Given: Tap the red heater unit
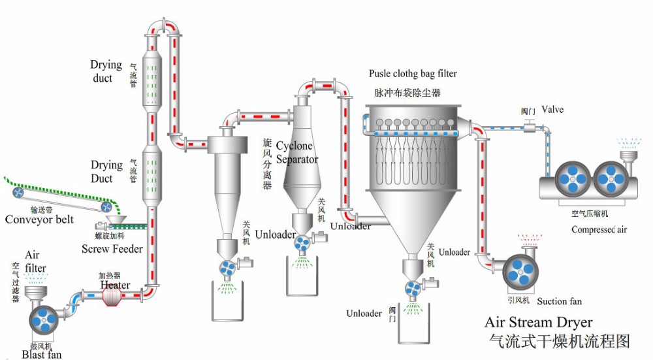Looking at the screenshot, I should coord(113,296).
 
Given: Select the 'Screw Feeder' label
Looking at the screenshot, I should coord(112,249).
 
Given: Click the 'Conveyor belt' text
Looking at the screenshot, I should coord(40,220).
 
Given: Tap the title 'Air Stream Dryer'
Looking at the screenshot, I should coord(539,323).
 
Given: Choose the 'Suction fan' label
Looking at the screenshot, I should coord(560,301).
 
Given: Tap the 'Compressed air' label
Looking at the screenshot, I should coord(599,229).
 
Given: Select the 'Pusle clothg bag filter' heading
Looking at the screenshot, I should coord(413,73).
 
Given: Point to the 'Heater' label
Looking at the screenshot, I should coord(115,285).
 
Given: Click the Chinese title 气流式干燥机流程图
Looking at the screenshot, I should coord(560,340).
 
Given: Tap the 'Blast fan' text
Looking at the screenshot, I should coord(42,354).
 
